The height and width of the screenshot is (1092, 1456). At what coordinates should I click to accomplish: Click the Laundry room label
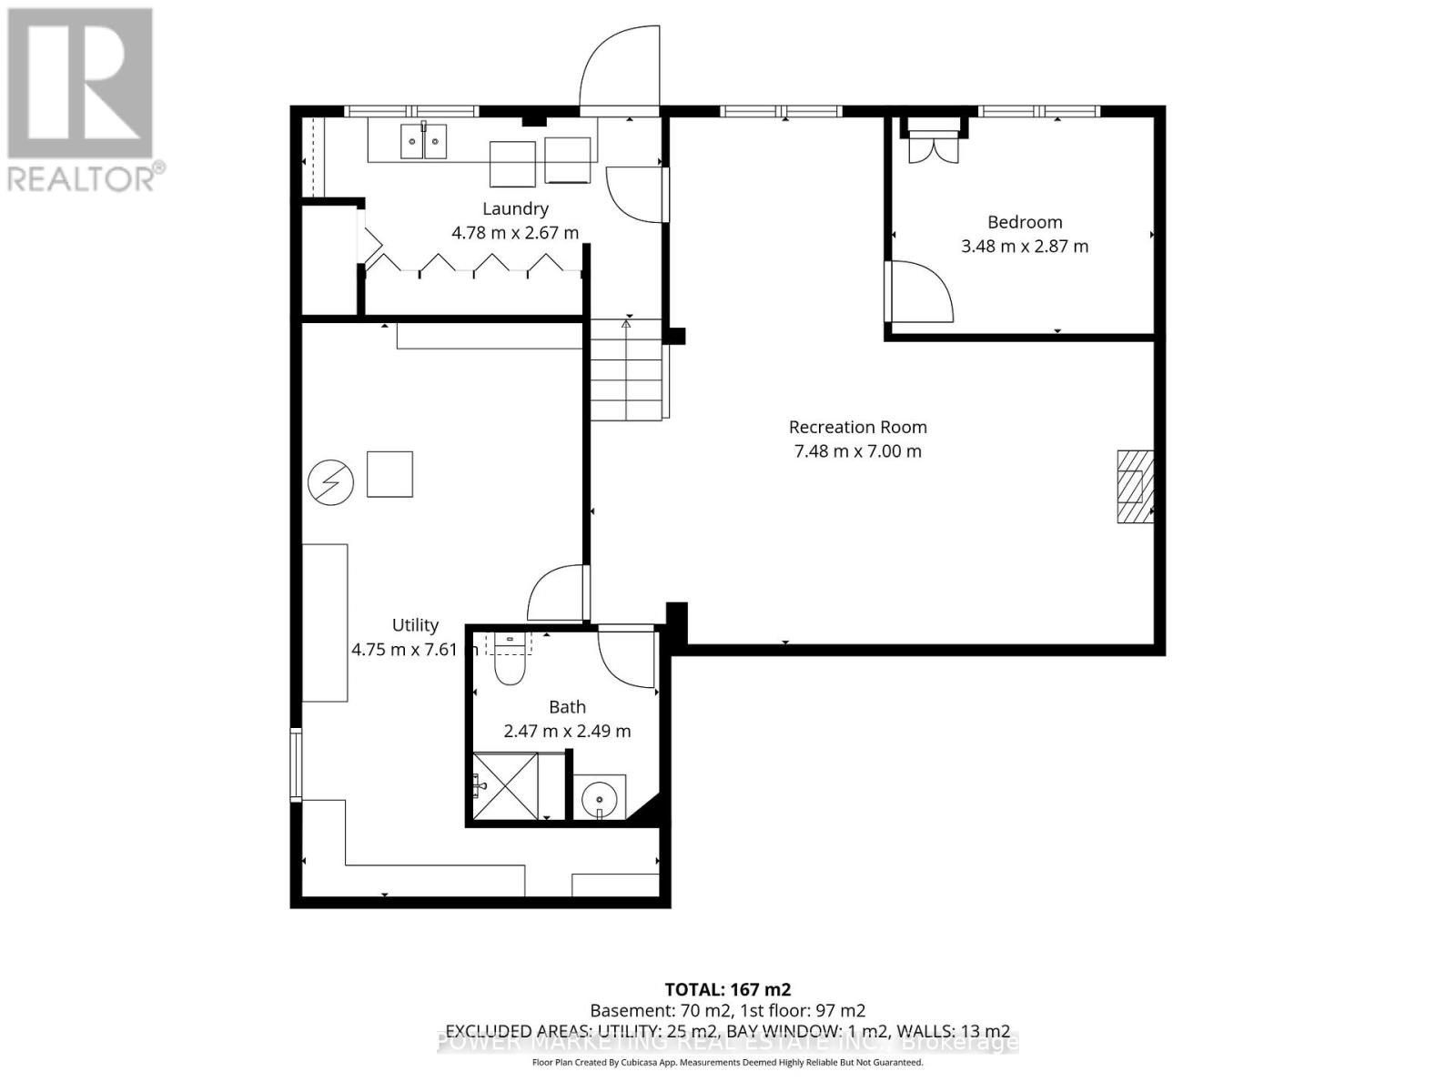pyautogui.click(x=515, y=208)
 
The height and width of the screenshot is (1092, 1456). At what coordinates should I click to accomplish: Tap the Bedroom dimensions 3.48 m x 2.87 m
pyautogui.click(x=1025, y=246)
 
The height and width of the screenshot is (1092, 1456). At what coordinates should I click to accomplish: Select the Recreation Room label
pyautogui.click(x=857, y=427)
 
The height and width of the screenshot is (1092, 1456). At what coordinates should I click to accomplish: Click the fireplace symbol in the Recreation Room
pyautogui.click(x=1135, y=486)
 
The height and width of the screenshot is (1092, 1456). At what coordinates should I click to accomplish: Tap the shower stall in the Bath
pyautogui.click(x=505, y=786)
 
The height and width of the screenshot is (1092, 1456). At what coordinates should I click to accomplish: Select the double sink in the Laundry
pyautogui.click(x=424, y=142)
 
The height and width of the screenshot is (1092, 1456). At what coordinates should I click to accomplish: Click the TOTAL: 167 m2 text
pyautogui.click(x=727, y=989)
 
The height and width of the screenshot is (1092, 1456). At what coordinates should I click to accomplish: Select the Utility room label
pyautogui.click(x=415, y=625)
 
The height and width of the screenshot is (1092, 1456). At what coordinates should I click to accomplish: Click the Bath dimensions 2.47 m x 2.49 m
pyautogui.click(x=567, y=731)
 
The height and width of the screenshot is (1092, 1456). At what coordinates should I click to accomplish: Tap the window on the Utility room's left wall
pyautogui.click(x=296, y=763)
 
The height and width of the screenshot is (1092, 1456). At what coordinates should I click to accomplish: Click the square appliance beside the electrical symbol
pyautogui.click(x=389, y=474)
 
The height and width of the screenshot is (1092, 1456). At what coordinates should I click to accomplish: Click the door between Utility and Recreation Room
pyautogui.click(x=557, y=591)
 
